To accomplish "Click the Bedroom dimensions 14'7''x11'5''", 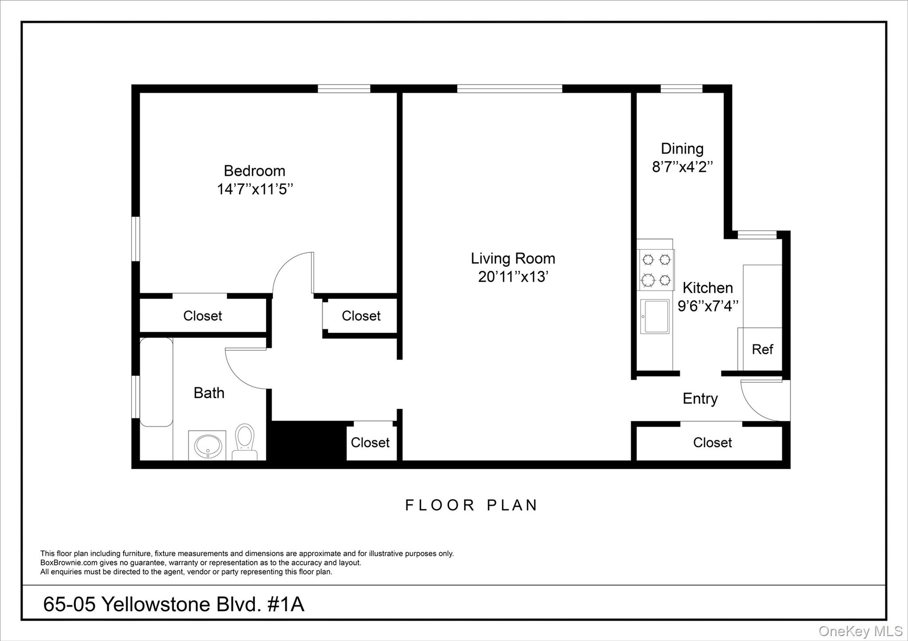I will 254,190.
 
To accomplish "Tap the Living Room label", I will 513,258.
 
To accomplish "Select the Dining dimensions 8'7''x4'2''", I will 682,167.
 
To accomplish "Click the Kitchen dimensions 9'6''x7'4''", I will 708,306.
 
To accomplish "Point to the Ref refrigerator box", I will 762,350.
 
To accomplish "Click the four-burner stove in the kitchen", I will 656,270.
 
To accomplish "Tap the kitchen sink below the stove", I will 655,316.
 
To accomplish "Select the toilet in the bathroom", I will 244,441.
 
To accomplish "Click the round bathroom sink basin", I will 207,445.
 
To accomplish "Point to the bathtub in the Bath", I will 156,382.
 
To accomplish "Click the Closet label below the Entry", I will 712,443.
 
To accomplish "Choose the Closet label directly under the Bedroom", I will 202,316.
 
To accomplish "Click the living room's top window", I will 509,89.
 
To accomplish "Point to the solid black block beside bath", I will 308,441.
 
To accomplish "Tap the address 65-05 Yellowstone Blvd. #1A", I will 173,604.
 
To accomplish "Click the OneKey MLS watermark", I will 860,631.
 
